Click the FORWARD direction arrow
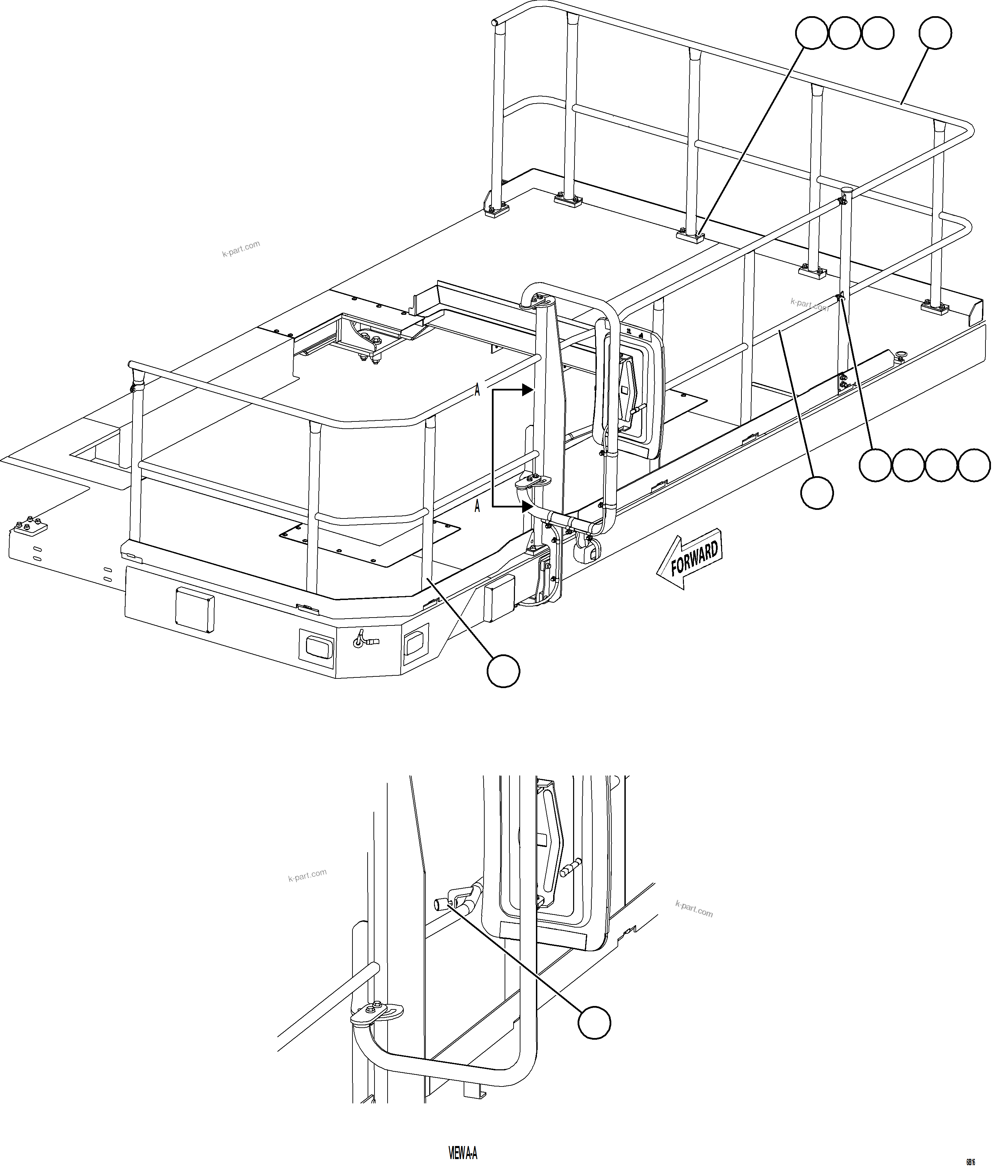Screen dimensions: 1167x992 tap(689, 558)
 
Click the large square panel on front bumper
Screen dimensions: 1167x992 tap(194, 610)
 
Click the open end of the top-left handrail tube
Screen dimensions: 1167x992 tap(494, 22)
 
